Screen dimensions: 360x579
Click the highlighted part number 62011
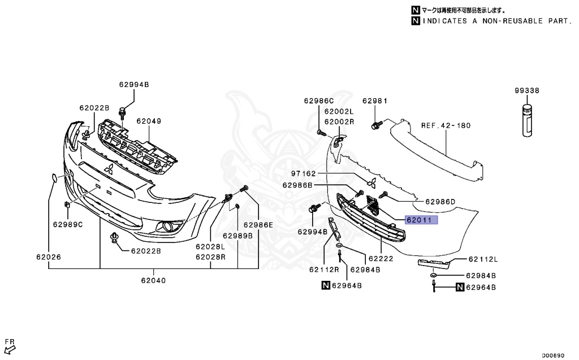point(421,220)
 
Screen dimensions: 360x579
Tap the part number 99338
point(526,90)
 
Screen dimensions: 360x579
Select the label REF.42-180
point(446,125)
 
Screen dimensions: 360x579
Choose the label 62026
point(49,257)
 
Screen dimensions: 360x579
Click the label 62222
point(381,258)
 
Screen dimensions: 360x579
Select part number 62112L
point(483,259)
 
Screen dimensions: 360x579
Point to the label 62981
point(375,101)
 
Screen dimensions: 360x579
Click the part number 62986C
point(319,101)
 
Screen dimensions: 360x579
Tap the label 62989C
point(68,224)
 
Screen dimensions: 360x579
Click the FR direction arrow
point(10,346)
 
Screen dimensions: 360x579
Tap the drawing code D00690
point(553,355)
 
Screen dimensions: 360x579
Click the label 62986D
point(440,201)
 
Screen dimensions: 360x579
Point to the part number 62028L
point(210,247)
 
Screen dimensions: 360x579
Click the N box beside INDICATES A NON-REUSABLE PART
point(416,21)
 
